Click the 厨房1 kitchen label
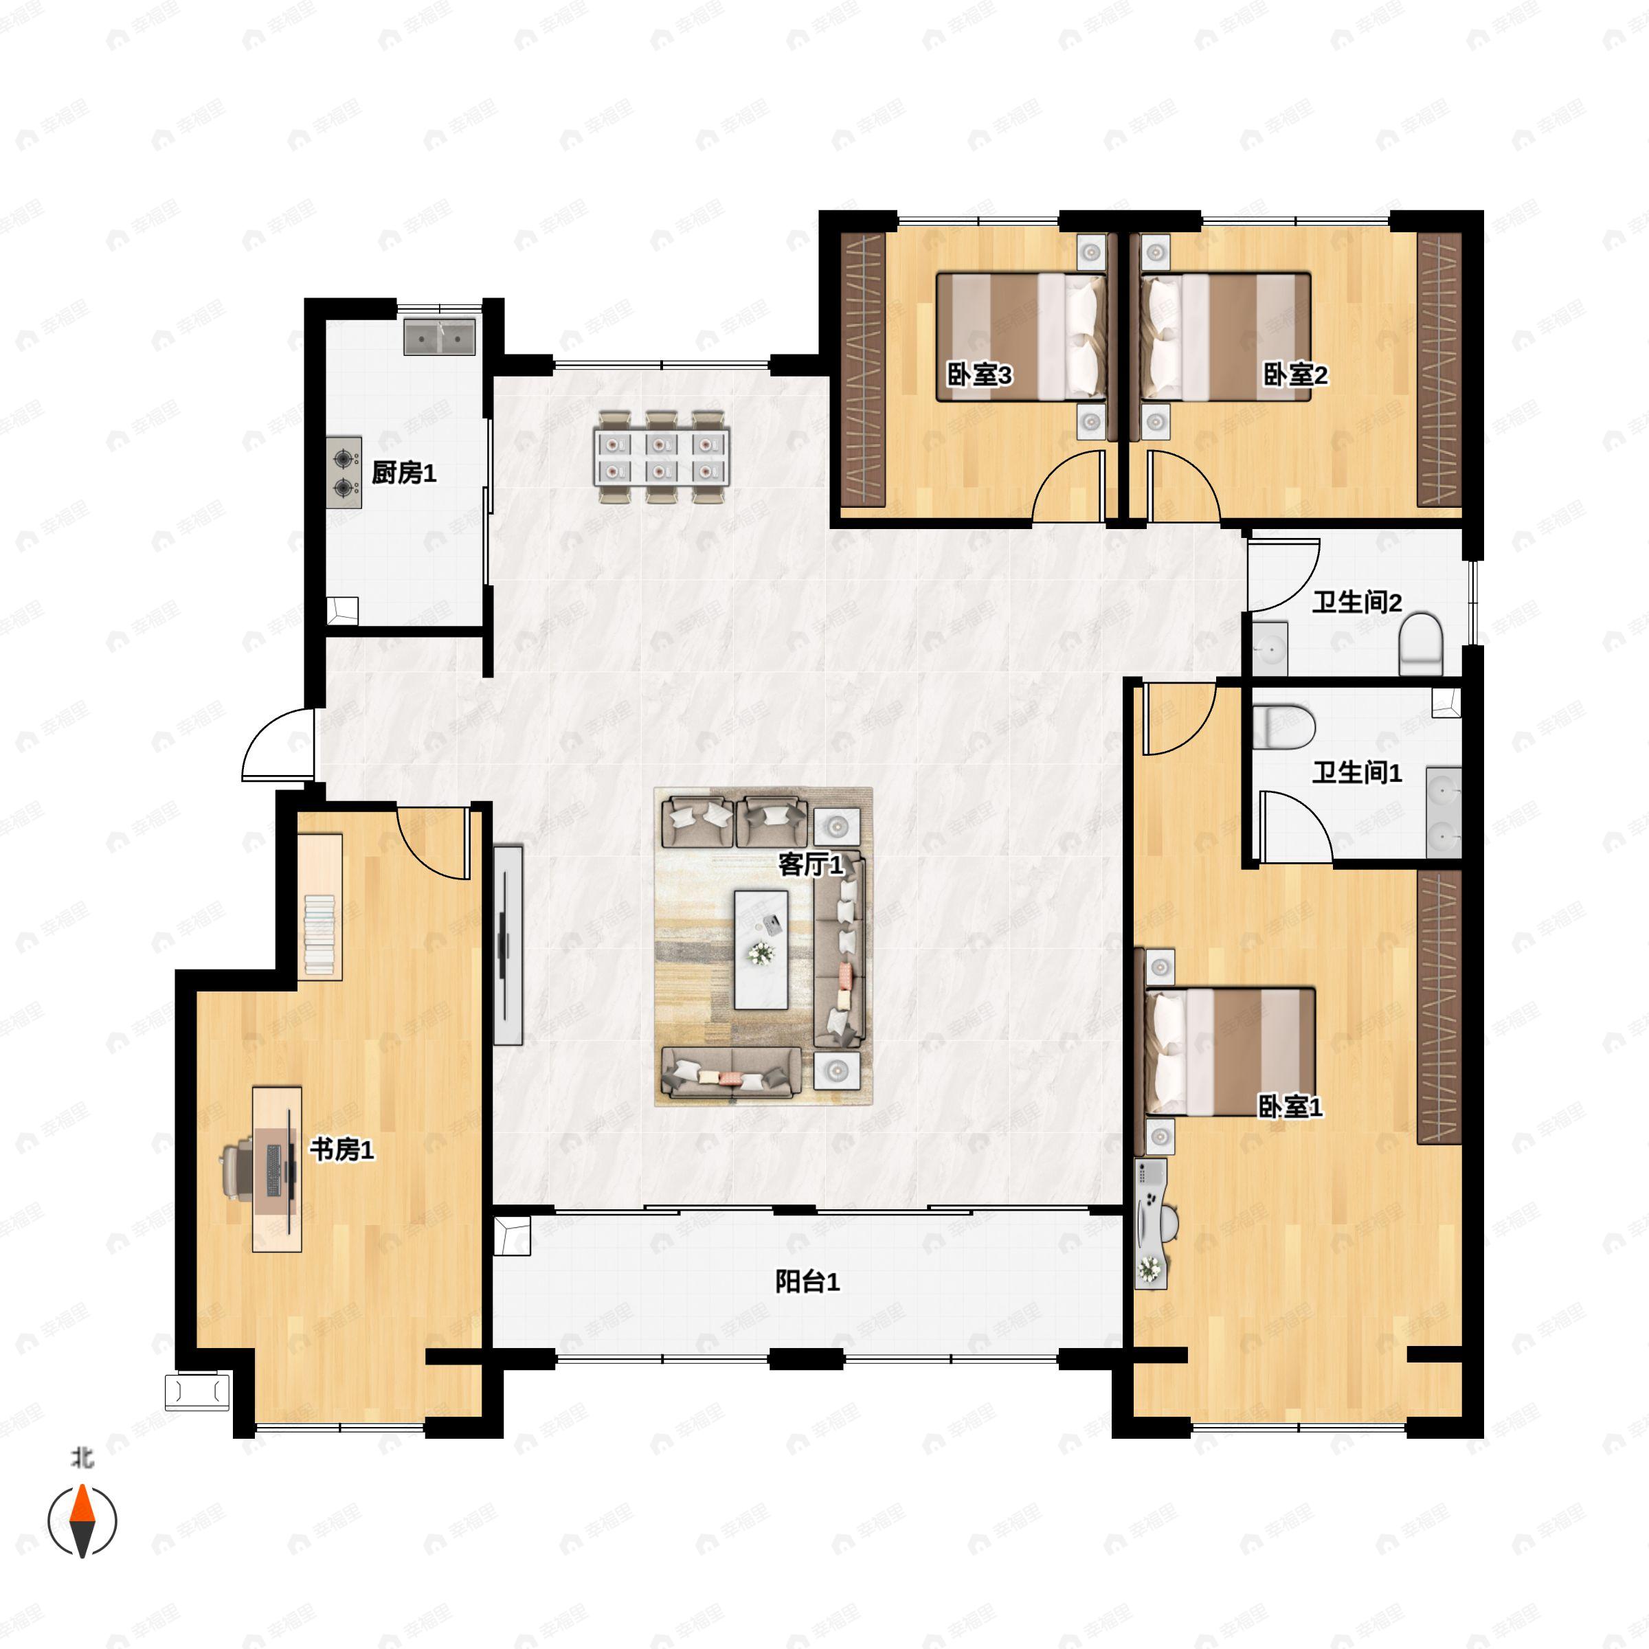[x=404, y=473]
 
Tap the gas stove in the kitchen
[x=344, y=473]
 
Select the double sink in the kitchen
[x=440, y=337]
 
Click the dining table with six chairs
[x=662, y=457]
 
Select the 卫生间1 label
[x=1357, y=772]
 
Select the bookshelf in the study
[x=320, y=906]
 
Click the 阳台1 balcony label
[x=807, y=1281]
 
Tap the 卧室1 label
[x=1290, y=1107]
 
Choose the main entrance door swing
[x=278, y=744]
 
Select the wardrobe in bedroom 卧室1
[x=1439, y=1007]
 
